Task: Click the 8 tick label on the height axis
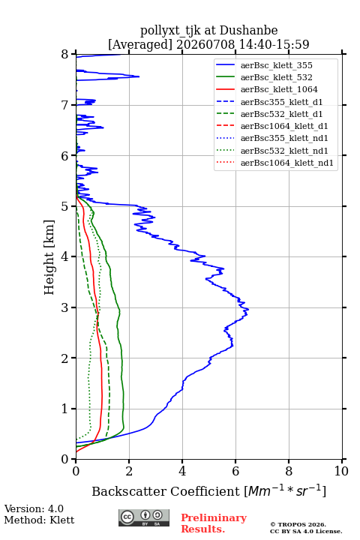64,54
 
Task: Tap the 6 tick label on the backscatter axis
235,471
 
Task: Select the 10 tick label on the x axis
341,471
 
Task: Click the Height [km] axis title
49,257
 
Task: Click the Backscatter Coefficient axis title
208,490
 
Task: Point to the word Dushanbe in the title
248,30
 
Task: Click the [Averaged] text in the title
139,44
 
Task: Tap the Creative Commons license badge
144,517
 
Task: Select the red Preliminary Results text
214,523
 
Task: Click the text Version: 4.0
34,508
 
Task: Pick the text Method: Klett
39,520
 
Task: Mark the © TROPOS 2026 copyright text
298,524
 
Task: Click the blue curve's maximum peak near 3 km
248,310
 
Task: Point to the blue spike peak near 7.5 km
139,76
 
